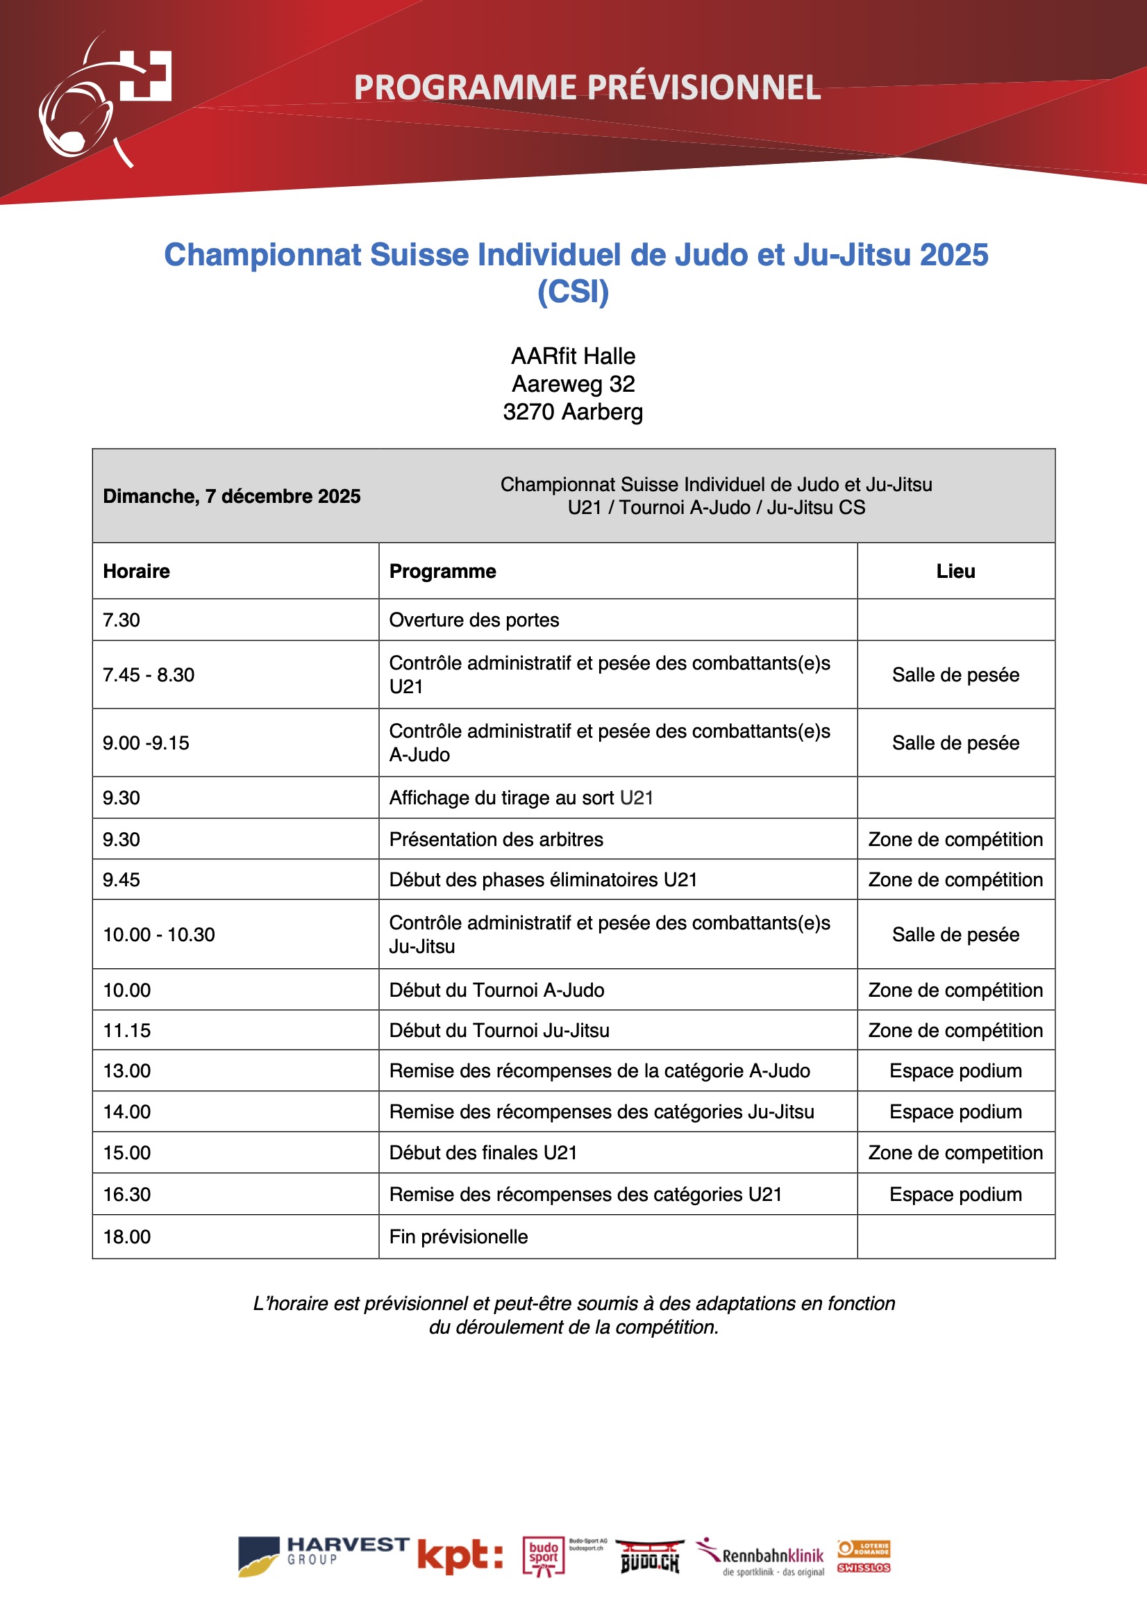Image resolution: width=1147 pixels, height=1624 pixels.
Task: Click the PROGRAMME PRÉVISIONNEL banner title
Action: pyautogui.click(x=587, y=88)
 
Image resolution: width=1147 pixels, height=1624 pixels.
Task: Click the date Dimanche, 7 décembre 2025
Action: pyautogui.click(x=231, y=497)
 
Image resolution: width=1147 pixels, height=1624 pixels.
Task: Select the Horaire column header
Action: pyautogui.click(x=137, y=572)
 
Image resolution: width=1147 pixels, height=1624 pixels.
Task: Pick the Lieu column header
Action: pyautogui.click(x=955, y=572)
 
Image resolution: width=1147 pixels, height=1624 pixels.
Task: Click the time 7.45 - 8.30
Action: pyautogui.click(x=149, y=674)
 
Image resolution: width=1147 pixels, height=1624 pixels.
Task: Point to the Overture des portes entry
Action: pyautogui.click(x=474, y=620)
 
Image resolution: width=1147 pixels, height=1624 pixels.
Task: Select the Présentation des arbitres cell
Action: pyautogui.click(x=496, y=840)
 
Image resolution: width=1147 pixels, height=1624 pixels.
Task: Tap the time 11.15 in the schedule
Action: pyautogui.click(x=127, y=1031)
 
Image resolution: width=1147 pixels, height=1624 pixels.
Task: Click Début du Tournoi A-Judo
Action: pyautogui.click(x=496, y=991)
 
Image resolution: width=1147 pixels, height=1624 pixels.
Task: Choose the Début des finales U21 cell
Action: pyautogui.click(x=483, y=1153)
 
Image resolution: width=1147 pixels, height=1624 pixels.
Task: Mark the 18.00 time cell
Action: pyautogui.click(x=127, y=1237)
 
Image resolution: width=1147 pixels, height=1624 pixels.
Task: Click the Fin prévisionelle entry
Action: pyautogui.click(x=458, y=1237)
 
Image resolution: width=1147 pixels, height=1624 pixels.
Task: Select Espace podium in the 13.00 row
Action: pyautogui.click(x=955, y=1071)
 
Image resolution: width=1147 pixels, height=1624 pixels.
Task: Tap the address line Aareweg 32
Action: pyautogui.click(x=573, y=384)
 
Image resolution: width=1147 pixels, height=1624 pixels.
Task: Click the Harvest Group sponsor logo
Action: pyautogui.click(x=322, y=1557)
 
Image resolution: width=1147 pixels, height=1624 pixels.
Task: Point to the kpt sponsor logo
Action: pyautogui.click(x=460, y=1557)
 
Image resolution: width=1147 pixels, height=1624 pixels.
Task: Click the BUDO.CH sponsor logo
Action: pyautogui.click(x=650, y=1557)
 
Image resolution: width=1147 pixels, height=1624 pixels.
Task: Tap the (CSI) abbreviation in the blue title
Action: pyautogui.click(x=573, y=292)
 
